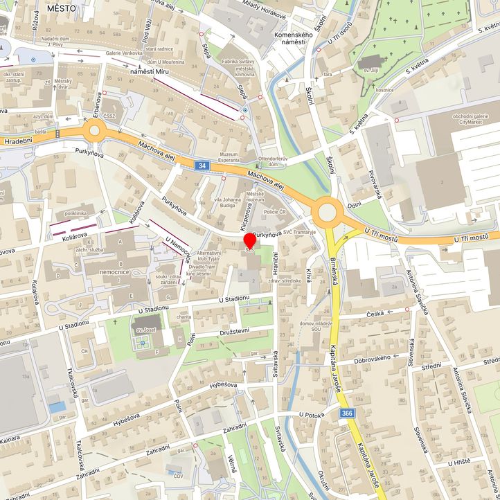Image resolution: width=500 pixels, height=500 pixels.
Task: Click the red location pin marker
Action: [x=249, y=241]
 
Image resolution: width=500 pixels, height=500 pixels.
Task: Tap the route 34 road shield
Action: [x=202, y=166]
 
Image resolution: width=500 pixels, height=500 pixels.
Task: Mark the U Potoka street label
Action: [x=312, y=415]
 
